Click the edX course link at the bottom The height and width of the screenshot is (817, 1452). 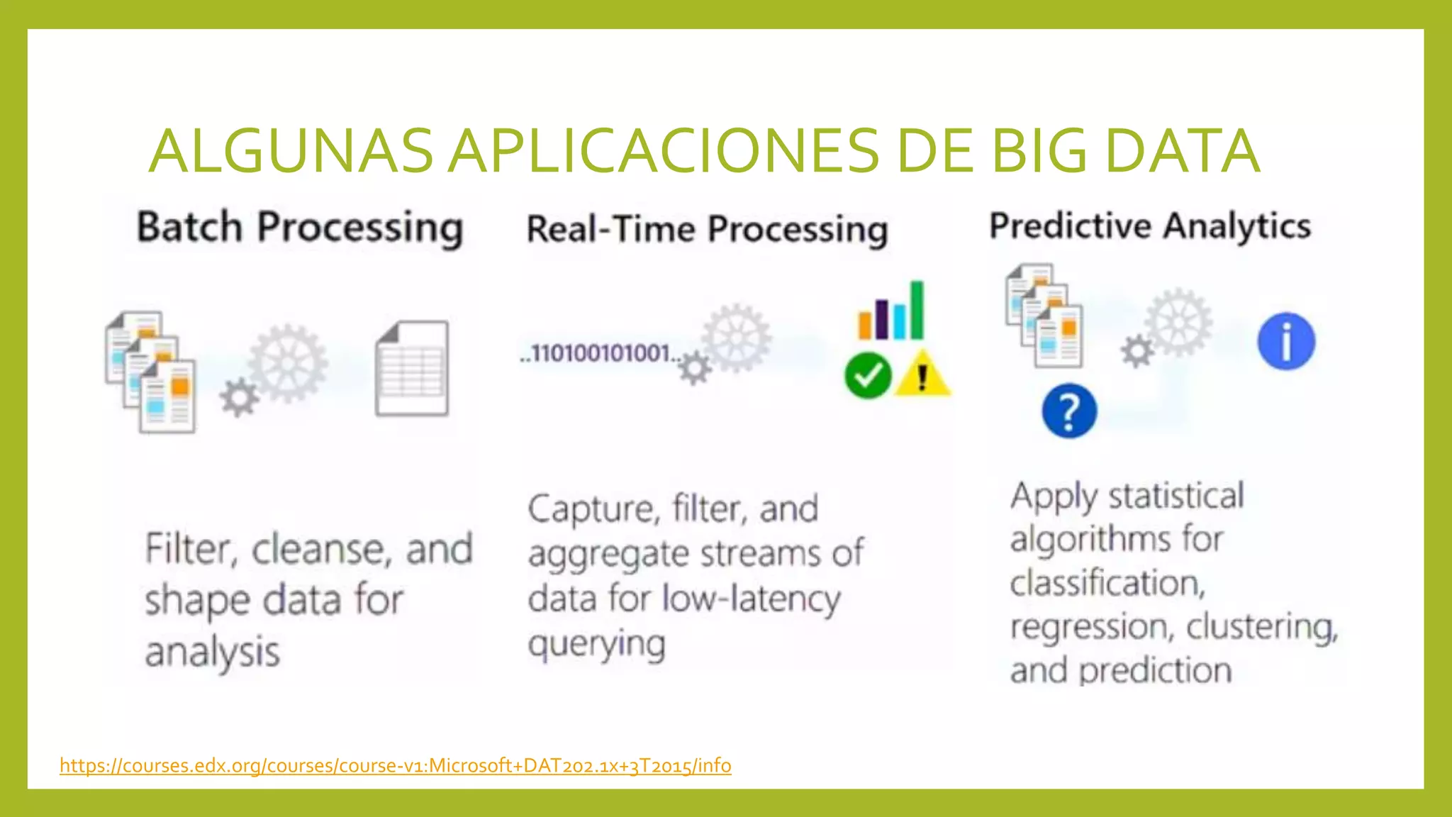click(395, 766)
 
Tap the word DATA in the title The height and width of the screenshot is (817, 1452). click(1182, 151)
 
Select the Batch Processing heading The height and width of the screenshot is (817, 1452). click(300, 228)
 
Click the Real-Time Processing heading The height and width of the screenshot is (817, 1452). click(707, 230)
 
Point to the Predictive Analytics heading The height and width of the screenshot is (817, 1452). click(1149, 226)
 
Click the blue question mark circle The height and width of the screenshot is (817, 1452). click(1069, 411)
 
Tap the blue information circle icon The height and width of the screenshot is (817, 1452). click(1286, 342)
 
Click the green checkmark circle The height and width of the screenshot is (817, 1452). click(868, 376)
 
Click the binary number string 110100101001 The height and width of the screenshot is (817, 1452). click(600, 352)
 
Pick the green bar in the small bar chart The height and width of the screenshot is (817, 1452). click(917, 310)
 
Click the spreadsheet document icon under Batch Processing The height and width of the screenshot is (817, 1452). click(412, 369)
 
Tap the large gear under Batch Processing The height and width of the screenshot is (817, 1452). click(289, 362)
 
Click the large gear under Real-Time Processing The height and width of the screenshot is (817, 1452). click(736, 338)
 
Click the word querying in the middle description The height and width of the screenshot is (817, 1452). click(596, 645)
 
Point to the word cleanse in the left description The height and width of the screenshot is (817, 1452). click(323, 550)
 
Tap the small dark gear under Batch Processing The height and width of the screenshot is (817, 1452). click(239, 398)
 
